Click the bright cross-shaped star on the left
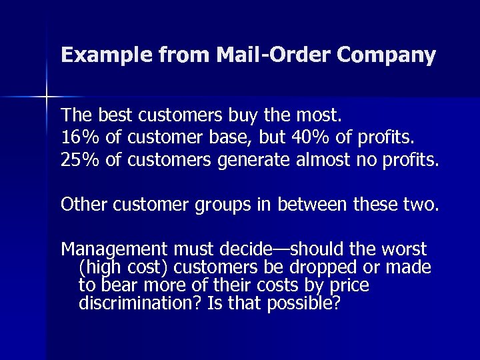47,97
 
